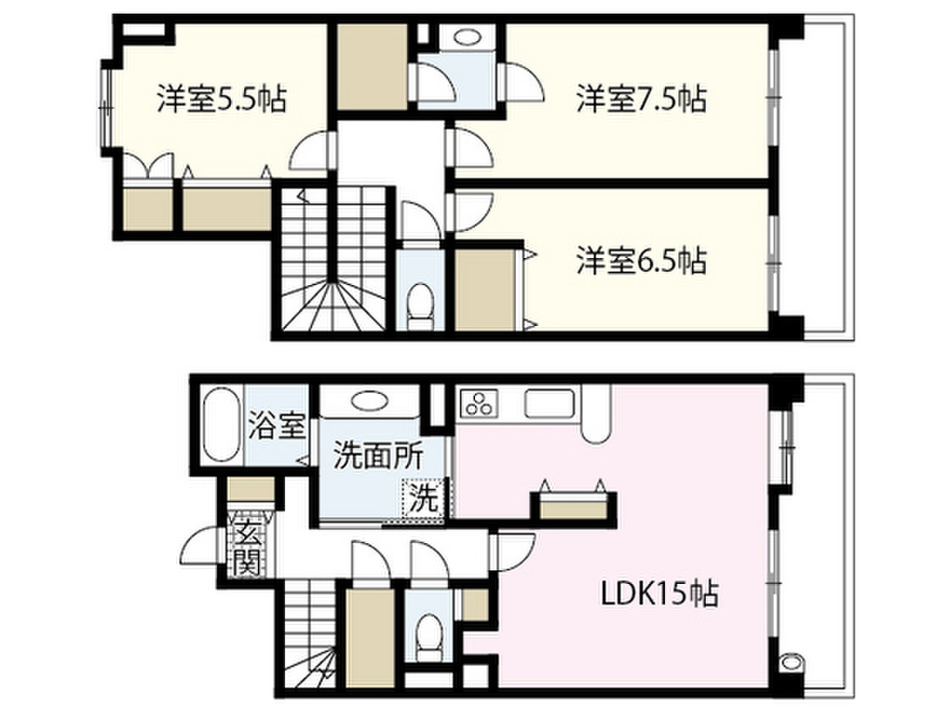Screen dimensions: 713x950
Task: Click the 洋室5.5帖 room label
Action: pyautogui.click(x=220, y=98)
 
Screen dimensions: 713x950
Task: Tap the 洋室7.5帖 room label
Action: pyautogui.click(x=641, y=98)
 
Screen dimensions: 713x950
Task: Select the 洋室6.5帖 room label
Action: pyautogui.click(x=641, y=261)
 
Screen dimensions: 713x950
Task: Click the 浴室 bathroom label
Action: pyautogui.click(x=276, y=428)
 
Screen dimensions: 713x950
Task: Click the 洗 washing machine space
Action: pyautogui.click(x=424, y=498)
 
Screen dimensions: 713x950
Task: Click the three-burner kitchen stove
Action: pyautogui.click(x=481, y=404)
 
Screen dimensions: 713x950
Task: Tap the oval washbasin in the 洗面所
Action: pyautogui.click(x=368, y=401)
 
